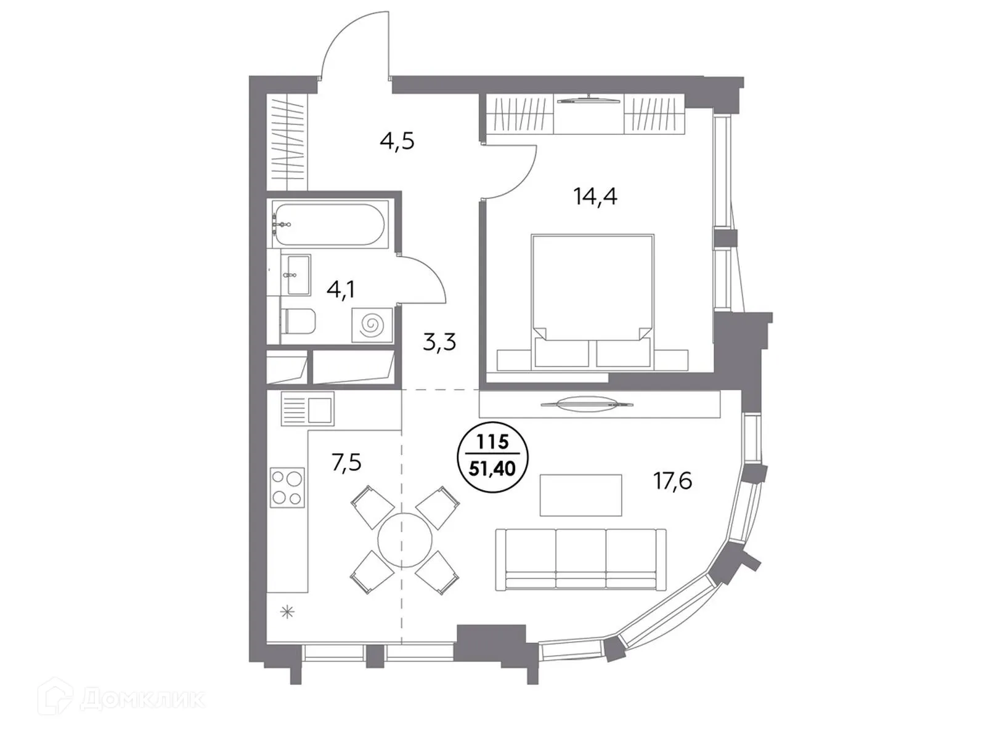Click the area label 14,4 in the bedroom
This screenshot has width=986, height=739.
point(595,197)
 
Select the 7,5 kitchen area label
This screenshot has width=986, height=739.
point(346,462)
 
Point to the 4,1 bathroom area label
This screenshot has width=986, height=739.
point(340,289)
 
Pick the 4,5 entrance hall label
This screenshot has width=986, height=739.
point(397,142)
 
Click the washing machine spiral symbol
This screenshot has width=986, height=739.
point(372,324)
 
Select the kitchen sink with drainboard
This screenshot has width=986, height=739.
point(308,408)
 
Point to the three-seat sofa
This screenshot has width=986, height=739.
point(581,559)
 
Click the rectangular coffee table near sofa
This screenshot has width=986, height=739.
point(581,495)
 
